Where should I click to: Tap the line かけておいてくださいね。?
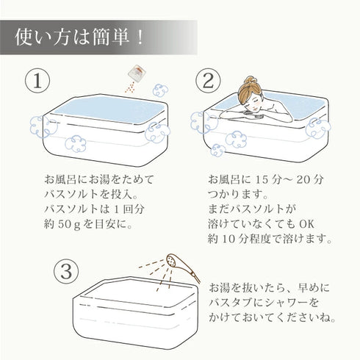tap(273, 320)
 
